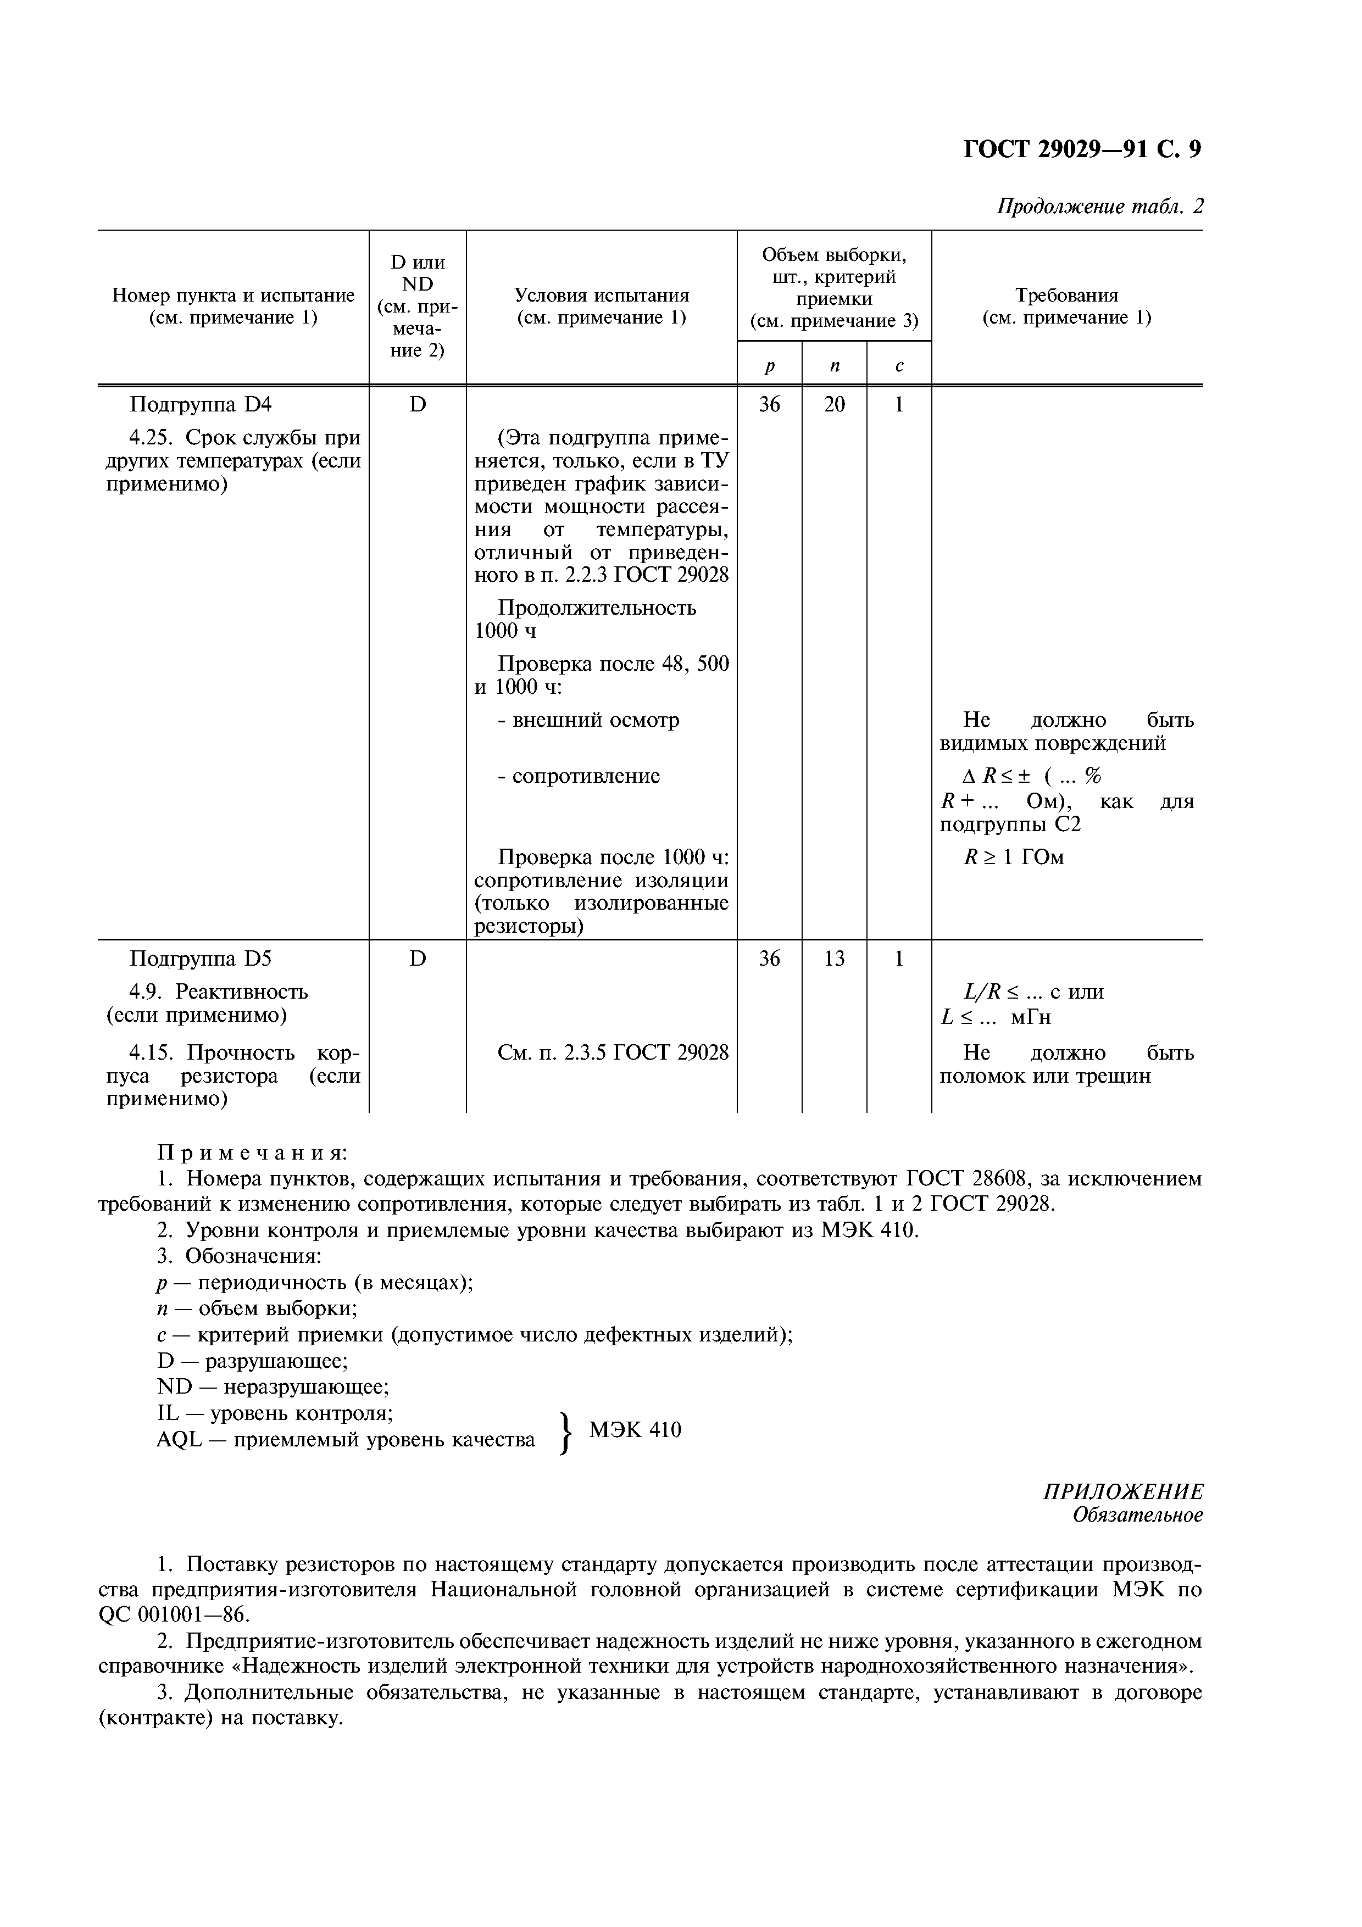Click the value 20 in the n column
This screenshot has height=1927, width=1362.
834,404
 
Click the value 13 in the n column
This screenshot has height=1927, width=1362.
834,959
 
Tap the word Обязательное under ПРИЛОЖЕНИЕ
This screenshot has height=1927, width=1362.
1137,1515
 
